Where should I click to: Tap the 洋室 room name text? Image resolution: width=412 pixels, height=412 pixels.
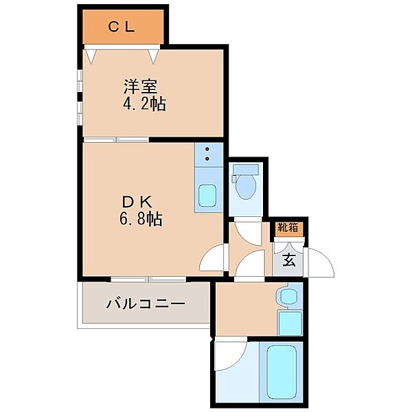(141, 88)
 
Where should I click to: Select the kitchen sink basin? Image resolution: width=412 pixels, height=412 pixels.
(208, 195)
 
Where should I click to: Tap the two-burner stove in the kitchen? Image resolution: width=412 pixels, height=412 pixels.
(208, 157)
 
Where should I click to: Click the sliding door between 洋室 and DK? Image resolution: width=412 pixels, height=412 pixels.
(117, 140)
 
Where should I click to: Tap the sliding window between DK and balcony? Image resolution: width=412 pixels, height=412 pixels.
(148, 279)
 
